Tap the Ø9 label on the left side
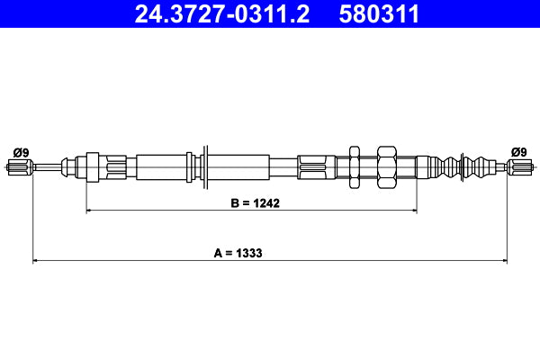(x=20, y=151)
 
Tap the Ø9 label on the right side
(x=519, y=151)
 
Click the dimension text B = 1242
(x=251, y=202)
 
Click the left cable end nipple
(x=19, y=166)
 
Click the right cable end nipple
(x=520, y=166)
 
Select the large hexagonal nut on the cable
(x=387, y=166)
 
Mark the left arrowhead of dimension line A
(x=37, y=262)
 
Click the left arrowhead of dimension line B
(x=90, y=211)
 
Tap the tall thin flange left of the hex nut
(x=355, y=166)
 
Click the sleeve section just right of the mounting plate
(x=238, y=166)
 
